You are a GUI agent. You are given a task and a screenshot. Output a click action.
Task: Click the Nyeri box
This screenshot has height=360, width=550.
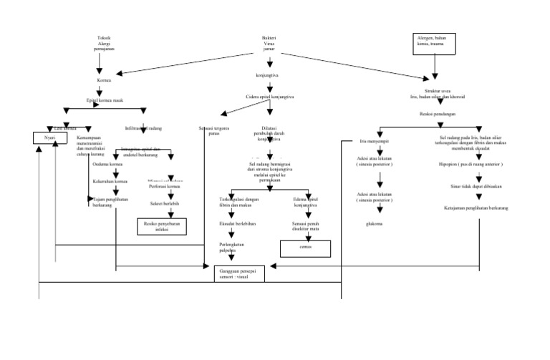pos(49,137)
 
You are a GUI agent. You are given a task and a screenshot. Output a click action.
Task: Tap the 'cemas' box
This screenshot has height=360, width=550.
pos(306,248)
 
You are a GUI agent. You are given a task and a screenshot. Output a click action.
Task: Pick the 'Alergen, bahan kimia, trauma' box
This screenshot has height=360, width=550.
pos(434,41)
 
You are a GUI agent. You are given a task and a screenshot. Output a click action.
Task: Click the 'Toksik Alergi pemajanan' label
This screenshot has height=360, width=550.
pos(105,43)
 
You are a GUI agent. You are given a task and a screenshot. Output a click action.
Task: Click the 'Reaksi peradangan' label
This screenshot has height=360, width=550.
pos(435,114)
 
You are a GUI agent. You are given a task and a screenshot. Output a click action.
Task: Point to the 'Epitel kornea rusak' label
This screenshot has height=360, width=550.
pos(105,100)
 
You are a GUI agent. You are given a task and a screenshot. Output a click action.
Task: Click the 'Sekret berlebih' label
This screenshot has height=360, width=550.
pos(165,203)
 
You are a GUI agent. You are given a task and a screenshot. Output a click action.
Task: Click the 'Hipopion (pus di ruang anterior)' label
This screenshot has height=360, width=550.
pos(476,163)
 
